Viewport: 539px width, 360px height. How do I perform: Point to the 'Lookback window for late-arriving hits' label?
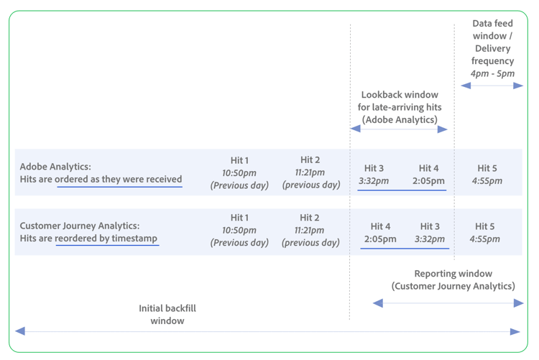(400, 107)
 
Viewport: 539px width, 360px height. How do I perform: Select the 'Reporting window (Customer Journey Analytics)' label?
(453, 280)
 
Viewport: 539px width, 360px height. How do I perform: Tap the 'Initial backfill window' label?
(167, 315)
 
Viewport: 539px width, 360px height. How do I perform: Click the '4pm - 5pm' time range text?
(492, 73)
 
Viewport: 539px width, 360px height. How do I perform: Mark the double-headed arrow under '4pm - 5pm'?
(492, 86)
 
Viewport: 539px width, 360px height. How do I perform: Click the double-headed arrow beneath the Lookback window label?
(399, 129)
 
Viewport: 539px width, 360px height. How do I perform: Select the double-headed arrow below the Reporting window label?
(448, 303)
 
